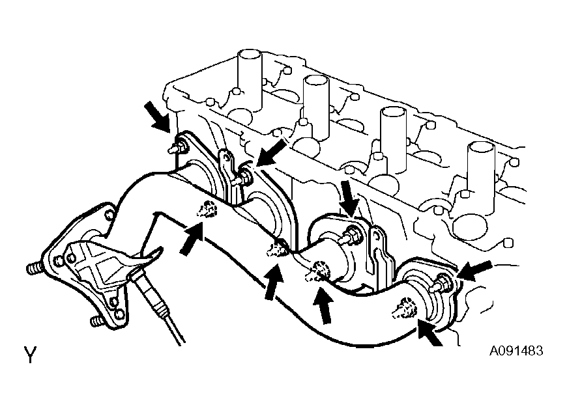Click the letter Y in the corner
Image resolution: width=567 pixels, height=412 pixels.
coord(31,354)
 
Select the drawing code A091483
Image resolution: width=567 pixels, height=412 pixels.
coord(516,351)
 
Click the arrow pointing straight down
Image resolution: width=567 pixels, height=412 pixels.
coord(349,197)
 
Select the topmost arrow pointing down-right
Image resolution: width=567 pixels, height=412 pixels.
coord(158,117)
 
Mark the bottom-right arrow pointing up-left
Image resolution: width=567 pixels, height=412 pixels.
coord(429,332)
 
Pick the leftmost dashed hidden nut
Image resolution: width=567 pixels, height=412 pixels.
coord(207,209)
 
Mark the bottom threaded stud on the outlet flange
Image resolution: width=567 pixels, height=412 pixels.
coord(98,321)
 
